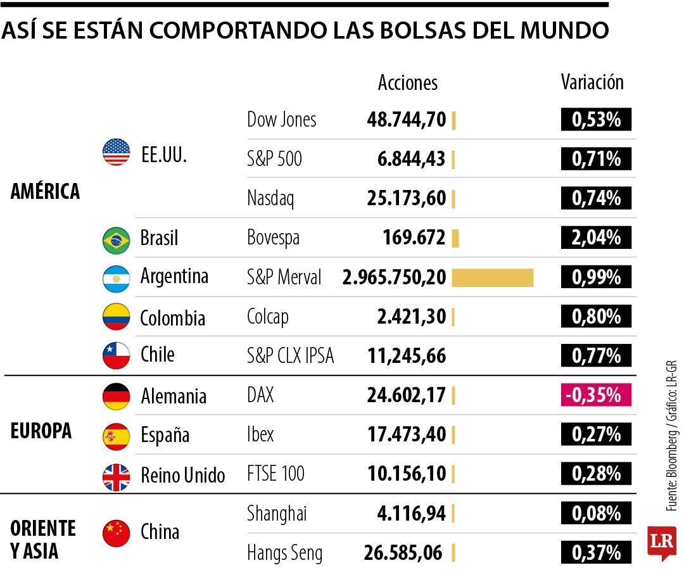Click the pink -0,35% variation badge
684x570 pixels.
coord(596,395)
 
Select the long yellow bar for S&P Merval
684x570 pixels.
coord(492,277)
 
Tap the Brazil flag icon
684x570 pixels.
coord(116,239)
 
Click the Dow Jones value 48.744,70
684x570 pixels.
coord(406,120)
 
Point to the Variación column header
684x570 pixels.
coord(592,82)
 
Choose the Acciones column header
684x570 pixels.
coord(407,83)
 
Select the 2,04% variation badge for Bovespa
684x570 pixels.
coord(596,238)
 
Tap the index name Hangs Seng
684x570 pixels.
coord(284,554)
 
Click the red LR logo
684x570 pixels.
coord(661,542)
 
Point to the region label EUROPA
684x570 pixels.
coord(41,431)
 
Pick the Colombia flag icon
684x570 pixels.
coord(116,317)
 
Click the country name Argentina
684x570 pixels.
coord(174,277)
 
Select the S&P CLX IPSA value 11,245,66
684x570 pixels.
coord(407,356)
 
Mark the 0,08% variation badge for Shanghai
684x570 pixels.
coord(596,513)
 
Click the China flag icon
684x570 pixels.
coord(116,533)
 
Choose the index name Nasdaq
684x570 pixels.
coord(270,199)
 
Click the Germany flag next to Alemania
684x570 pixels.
coord(116,396)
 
